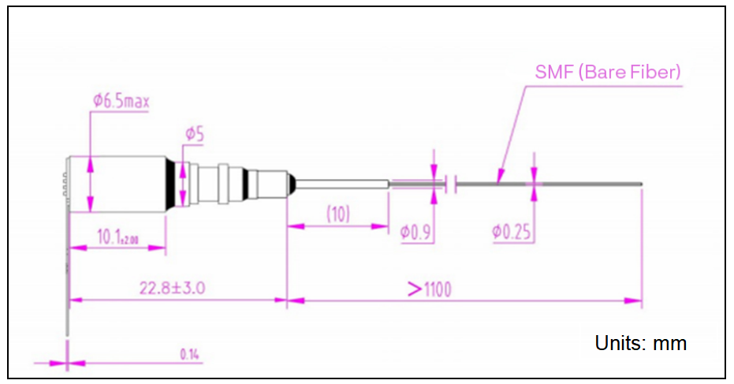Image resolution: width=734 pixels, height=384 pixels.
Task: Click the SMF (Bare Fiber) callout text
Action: point(606,73)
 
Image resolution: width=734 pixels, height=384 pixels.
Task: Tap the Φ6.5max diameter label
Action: point(121,101)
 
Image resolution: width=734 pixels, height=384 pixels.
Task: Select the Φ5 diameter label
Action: point(195,135)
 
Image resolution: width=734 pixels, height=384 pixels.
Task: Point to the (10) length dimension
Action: point(338,213)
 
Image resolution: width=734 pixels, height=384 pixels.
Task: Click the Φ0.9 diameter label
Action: point(416,232)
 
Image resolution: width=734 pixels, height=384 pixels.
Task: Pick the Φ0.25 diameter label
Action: point(512,232)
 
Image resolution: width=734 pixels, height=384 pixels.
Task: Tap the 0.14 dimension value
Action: point(189,354)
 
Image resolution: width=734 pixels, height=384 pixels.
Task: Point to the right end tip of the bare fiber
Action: point(642,185)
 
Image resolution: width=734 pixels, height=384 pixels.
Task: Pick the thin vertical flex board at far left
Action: point(68,252)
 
